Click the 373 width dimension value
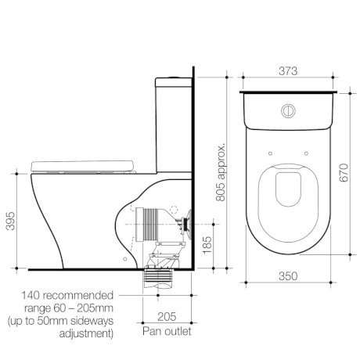(x=290, y=70)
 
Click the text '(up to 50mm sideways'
(x=63, y=321)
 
